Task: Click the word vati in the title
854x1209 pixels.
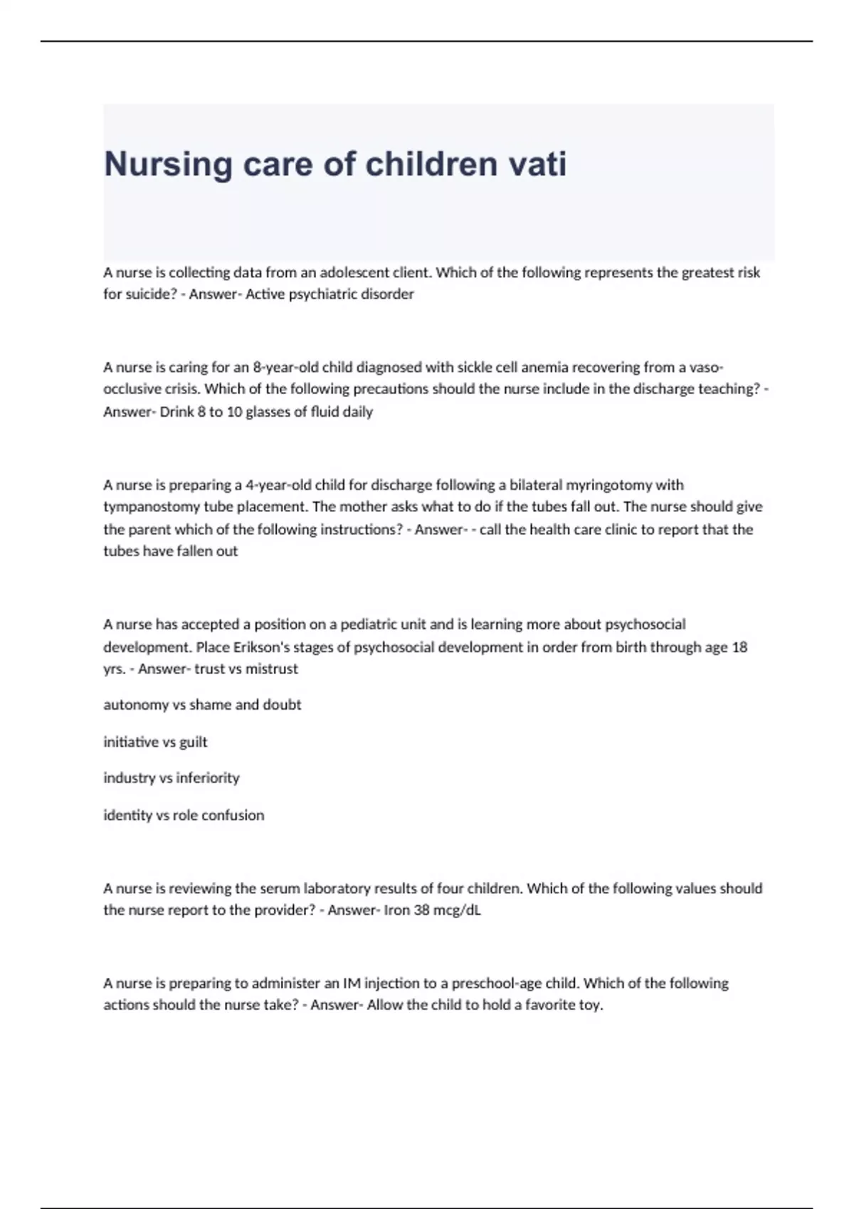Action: tap(537, 164)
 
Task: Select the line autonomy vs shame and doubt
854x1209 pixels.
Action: tap(202, 705)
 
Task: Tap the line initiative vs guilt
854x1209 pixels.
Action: tap(155, 742)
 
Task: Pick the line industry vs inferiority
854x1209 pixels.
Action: tap(172, 778)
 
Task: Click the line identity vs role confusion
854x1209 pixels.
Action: tap(184, 815)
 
